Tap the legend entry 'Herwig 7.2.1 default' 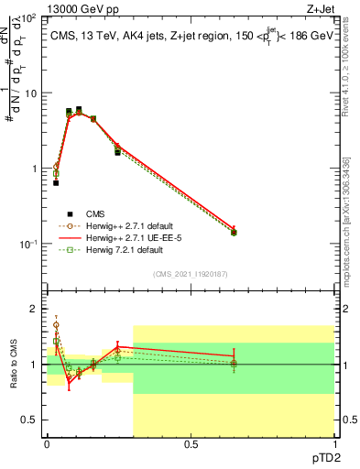click(x=118, y=251)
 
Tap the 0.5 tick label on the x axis click(x=191, y=444)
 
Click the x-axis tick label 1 click(x=334, y=444)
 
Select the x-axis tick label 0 click(x=47, y=444)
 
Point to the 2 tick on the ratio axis click(x=34, y=309)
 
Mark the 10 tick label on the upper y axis click(x=30, y=93)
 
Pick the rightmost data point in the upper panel click(x=234, y=232)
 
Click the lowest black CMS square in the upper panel click(x=56, y=183)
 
